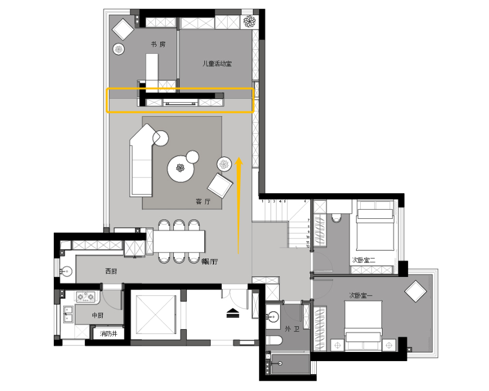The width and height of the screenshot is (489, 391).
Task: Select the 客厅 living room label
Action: [x=203, y=201]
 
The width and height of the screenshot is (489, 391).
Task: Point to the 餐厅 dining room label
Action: [x=210, y=261]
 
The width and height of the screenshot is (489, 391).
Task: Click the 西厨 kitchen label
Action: [x=111, y=271]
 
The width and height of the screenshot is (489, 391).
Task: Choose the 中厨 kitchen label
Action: [x=98, y=315]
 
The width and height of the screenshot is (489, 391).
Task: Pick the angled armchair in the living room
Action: [x=221, y=186]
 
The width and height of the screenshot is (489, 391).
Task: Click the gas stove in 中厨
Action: [x=86, y=297]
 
